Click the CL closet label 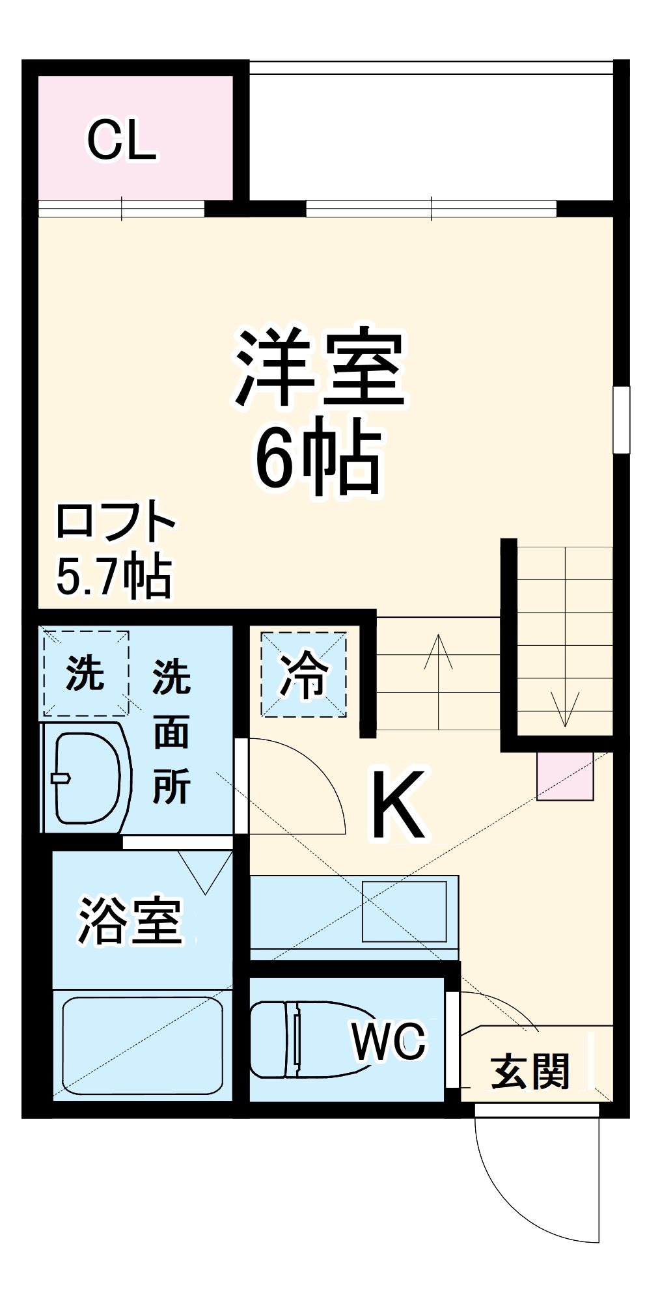tap(122, 141)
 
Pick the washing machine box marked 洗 tap(86, 672)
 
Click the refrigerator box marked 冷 tap(304, 675)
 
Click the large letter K tap(398, 805)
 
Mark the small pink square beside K tap(565, 775)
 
